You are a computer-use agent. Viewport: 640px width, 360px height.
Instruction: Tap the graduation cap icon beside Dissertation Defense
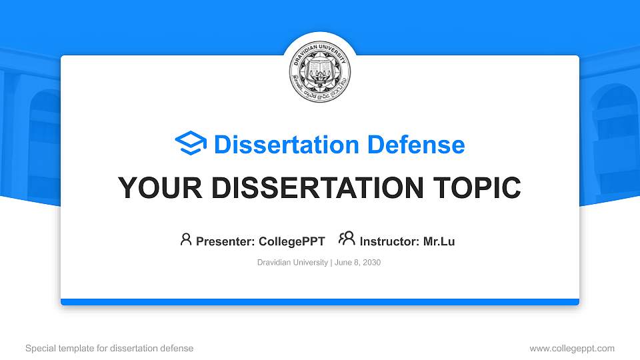click(191, 144)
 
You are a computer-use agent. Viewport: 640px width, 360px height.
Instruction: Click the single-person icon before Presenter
click(186, 239)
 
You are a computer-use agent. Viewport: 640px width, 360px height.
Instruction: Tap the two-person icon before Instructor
click(347, 239)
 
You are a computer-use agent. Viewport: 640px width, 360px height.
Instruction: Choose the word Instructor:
click(389, 241)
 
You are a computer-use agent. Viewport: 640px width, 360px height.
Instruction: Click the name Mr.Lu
click(439, 241)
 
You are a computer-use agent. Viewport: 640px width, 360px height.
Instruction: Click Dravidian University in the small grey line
click(292, 263)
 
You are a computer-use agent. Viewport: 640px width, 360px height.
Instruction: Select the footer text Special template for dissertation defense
click(109, 348)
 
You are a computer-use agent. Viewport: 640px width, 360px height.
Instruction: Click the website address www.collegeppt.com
click(572, 348)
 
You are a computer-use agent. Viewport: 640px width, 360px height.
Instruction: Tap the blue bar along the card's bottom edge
click(320, 302)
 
